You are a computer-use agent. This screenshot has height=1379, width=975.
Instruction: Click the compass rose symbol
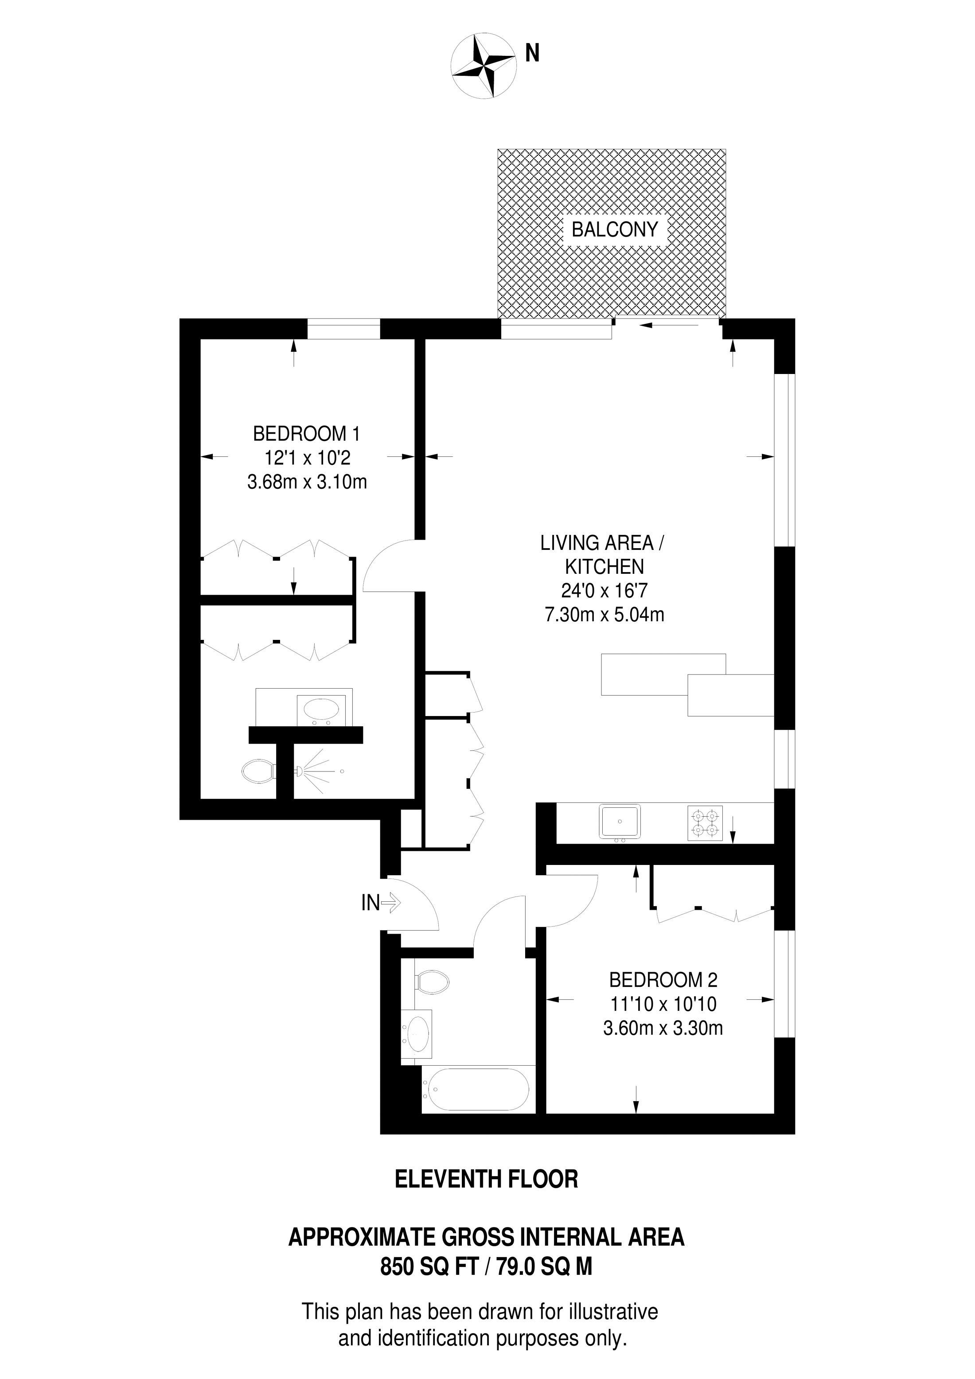484,66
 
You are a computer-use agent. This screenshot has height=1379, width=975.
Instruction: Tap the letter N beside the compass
532,54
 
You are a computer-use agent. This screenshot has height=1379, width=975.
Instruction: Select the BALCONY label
615,230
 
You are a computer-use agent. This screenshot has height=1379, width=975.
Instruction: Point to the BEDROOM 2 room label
663,980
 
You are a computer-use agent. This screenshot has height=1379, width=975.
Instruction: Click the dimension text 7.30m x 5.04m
604,615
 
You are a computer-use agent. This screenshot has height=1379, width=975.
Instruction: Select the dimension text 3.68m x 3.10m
307,482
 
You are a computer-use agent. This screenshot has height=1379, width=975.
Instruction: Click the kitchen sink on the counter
620,822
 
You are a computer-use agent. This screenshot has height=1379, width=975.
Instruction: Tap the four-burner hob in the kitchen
705,823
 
